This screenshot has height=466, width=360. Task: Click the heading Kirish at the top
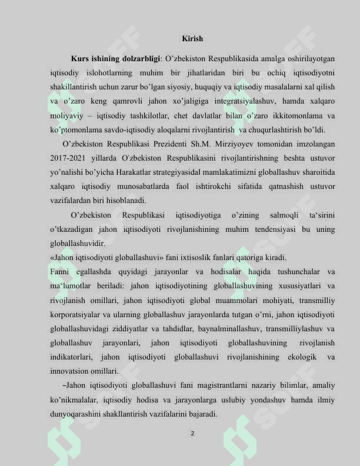click(192, 39)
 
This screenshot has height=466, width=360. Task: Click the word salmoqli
click(283, 216)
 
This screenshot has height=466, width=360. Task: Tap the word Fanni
click(60, 272)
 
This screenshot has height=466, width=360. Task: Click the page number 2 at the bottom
click(192, 434)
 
